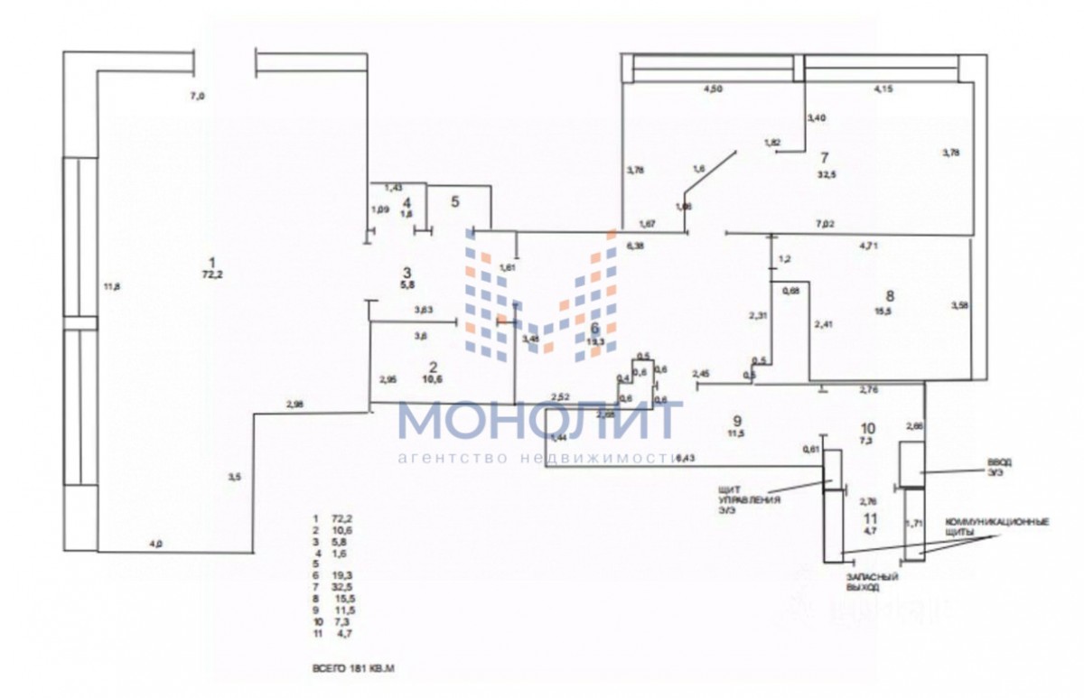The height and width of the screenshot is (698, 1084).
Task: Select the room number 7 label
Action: point(824,158)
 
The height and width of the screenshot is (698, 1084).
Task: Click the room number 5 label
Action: point(456,200)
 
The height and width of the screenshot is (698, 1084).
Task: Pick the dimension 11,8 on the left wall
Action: point(112,288)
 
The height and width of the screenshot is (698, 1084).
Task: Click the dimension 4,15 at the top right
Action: point(883,89)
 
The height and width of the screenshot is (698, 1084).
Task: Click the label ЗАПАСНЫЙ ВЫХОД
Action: point(864,582)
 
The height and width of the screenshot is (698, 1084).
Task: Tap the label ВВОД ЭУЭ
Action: point(999,467)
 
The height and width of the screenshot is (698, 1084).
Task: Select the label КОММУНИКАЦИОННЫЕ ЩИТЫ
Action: point(996,528)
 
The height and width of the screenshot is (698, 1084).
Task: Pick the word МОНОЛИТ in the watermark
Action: point(539,421)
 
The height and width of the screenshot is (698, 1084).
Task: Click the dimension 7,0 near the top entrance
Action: point(196,95)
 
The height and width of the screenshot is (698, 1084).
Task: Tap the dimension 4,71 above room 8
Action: point(869,245)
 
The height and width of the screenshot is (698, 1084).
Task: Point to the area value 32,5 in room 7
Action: point(826,175)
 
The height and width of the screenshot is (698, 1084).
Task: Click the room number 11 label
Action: point(870,518)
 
